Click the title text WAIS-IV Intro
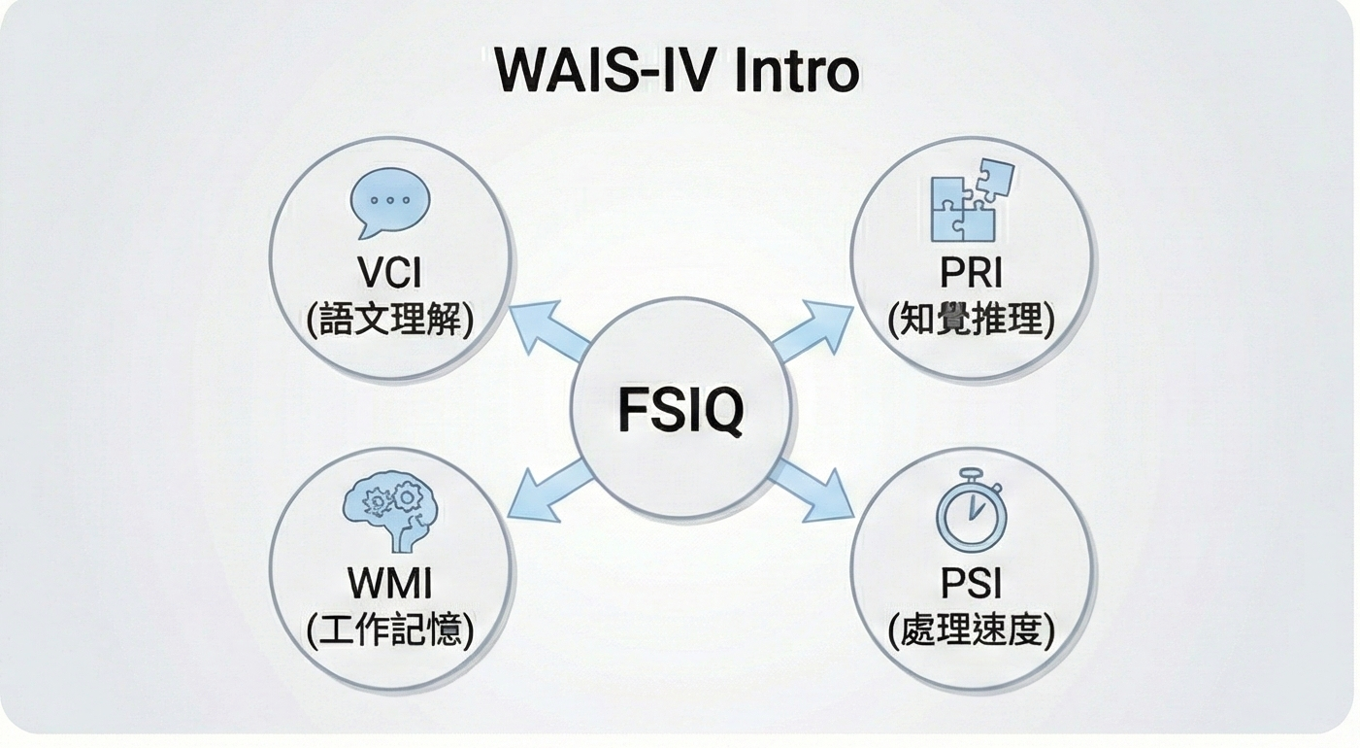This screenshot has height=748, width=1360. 677,70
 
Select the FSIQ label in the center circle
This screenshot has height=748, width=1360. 680,411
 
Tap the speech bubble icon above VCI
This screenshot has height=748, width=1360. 388,203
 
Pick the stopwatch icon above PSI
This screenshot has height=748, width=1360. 971,512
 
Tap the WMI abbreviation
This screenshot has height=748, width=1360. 389,584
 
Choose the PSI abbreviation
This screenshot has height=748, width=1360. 971,584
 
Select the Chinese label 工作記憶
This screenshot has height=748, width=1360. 389,631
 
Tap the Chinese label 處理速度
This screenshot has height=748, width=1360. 971,631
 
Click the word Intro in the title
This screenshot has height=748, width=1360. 796,70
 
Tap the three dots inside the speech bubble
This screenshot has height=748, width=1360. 388,199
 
